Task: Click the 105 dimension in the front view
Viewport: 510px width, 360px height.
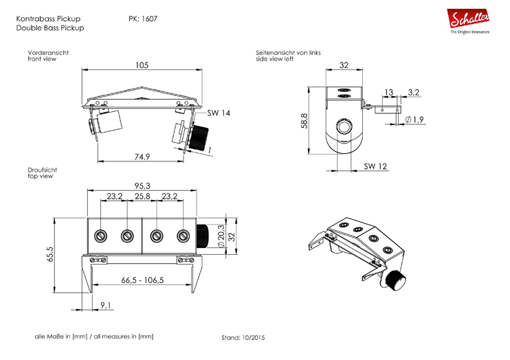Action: [x=142, y=66]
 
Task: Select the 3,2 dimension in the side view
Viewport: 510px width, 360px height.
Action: [x=414, y=91]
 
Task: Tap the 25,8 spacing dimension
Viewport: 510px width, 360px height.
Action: [x=142, y=196]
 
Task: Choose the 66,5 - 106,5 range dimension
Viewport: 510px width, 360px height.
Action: [x=142, y=280]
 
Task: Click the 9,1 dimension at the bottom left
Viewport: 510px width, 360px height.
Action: [x=107, y=304]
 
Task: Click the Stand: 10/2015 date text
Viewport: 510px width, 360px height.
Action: [x=243, y=338]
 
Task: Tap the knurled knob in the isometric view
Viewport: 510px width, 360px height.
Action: [x=395, y=280]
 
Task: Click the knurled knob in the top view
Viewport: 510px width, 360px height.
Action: [x=204, y=236]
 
